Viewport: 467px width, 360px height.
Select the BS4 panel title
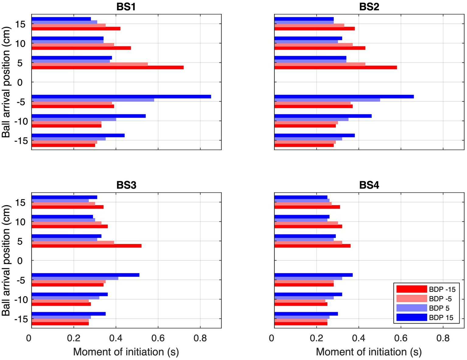[369, 185]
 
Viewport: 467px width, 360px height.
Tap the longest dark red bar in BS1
[107, 67]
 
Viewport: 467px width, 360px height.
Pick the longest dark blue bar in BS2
[344, 97]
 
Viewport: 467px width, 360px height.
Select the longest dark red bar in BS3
[86, 246]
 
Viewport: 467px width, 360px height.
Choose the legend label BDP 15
[441, 318]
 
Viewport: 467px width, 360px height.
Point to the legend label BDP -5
[440, 299]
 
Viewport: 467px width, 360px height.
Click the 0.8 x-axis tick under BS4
[443, 338]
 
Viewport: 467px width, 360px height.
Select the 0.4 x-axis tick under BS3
[116, 338]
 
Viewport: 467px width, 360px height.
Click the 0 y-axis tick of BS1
[20, 82]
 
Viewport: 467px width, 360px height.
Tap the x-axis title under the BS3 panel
[126, 352]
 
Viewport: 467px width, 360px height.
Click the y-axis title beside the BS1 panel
[6, 82]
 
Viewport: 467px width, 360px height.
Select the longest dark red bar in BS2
[335, 67]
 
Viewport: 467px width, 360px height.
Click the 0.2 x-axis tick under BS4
[316, 338]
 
